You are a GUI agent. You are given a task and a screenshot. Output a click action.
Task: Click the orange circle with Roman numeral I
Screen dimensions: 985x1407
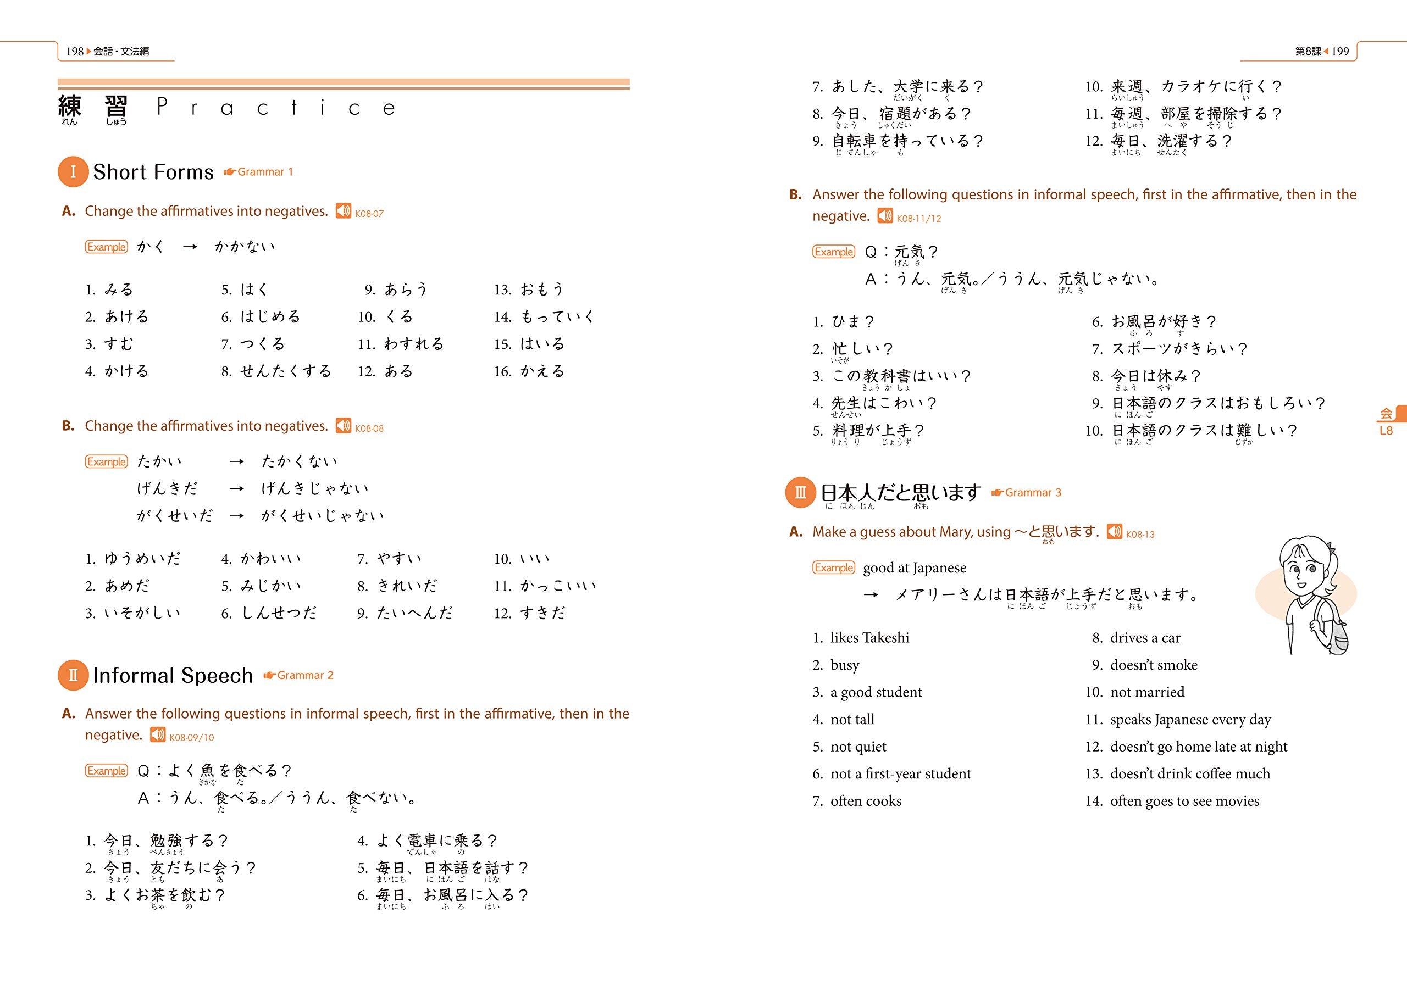73,171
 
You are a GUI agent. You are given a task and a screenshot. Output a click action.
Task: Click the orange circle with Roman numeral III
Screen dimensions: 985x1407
800,492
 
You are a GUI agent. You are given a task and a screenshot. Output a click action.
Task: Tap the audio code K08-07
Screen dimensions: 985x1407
369,214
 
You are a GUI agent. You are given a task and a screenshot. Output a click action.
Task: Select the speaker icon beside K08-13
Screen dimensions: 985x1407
1114,532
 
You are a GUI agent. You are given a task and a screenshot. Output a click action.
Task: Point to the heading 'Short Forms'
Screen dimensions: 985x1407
153,172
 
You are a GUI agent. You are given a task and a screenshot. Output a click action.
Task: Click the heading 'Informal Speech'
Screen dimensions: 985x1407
173,676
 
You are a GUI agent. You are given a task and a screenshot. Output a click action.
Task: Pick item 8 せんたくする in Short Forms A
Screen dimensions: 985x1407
285,371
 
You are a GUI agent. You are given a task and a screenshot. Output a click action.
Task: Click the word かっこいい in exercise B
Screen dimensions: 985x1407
558,586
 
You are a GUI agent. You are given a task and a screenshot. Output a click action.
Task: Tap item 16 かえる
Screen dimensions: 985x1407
542,371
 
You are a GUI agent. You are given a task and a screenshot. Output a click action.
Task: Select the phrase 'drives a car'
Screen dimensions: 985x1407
1145,638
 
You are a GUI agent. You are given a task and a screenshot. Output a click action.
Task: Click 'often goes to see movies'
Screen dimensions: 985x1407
1184,801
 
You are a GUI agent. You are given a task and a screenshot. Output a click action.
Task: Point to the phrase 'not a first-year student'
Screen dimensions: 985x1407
900,773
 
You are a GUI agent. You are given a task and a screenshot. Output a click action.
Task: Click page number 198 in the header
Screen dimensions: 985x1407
74,52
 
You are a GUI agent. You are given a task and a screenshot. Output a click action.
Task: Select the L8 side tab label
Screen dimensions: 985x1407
1386,431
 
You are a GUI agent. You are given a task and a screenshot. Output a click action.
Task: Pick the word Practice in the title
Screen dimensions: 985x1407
276,108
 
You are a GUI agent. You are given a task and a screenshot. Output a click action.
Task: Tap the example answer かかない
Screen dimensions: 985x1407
245,247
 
